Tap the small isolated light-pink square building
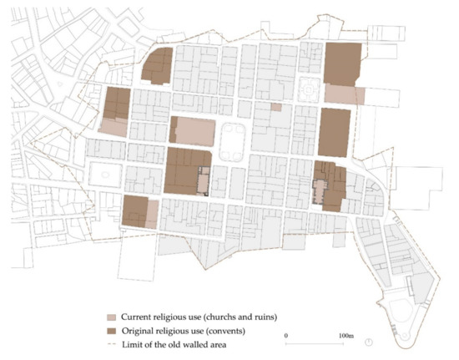click(276, 106)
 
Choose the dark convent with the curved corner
click(158, 65)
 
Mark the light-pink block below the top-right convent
click(344, 94)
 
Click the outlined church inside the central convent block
click(201, 180)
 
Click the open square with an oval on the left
click(106, 175)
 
